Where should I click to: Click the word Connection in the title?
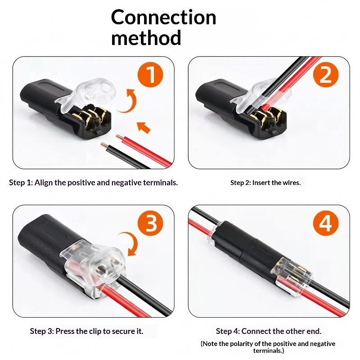tap(163, 18)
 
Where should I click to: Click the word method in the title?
tap(146, 37)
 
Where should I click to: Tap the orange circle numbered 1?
tap(150, 74)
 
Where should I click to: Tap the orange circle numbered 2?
tap(326, 74)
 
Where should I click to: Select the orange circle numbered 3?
tap(150, 223)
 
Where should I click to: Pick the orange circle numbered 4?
tap(326, 223)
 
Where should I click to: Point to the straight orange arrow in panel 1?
tap(144, 127)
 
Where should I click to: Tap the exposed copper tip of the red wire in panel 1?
tap(119, 137)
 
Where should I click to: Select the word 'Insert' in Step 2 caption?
tap(261, 183)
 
